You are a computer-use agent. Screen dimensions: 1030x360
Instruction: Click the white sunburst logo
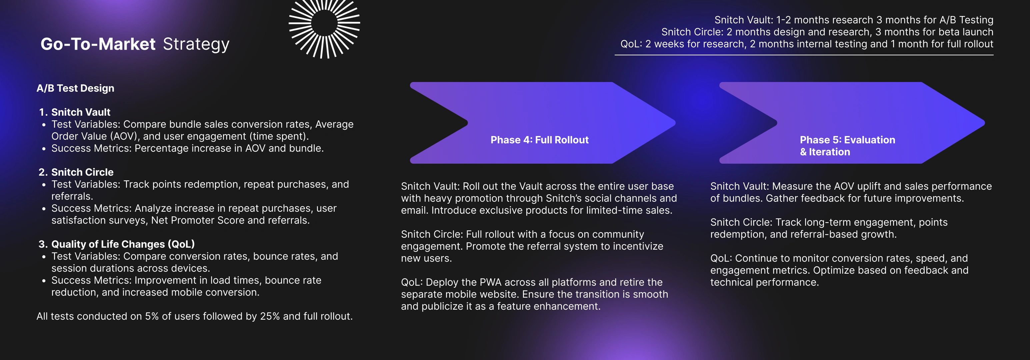[324, 24]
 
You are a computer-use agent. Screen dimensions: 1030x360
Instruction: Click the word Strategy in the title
[196, 44]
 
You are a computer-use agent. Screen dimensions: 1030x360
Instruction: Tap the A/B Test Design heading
[75, 88]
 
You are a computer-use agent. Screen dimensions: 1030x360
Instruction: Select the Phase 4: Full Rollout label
[539, 140]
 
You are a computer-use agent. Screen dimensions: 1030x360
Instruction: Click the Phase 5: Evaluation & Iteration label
[847, 146]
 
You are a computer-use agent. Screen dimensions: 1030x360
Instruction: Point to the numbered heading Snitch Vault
[81, 112]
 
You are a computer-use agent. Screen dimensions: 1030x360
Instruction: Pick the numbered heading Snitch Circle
[82, 172]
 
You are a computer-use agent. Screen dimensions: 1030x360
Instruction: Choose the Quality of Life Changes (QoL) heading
[123, 244]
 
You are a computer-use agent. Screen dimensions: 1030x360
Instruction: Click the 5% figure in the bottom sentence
[152, 316]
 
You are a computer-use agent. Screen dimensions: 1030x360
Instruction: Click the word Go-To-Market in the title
[98, 44]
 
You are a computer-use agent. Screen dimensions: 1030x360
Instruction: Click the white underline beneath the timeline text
[804, 55]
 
